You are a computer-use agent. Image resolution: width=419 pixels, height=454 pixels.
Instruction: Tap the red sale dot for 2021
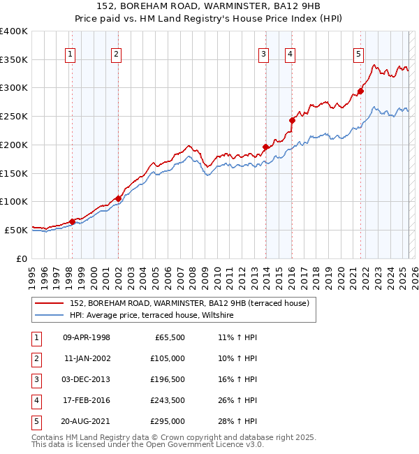pyautogui.click(x=361, y=91)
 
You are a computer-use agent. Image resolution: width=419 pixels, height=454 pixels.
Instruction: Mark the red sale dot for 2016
pyautogui.click(x=293, y=120)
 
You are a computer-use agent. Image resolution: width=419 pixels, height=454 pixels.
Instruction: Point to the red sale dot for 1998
pyautogui.click(x=72, y=221)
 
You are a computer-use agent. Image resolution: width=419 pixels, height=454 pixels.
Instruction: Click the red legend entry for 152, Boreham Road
pyautogui.click(x=174, y=303)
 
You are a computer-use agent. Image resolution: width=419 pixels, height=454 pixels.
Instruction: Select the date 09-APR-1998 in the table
pyautogui.click(x=87, y=337)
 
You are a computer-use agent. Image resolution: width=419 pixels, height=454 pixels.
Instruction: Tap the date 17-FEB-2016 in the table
pyautogui.click(x=87, y=400)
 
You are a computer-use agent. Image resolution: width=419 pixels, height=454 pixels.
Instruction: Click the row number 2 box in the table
pyautogui.click(x=35, y=358)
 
